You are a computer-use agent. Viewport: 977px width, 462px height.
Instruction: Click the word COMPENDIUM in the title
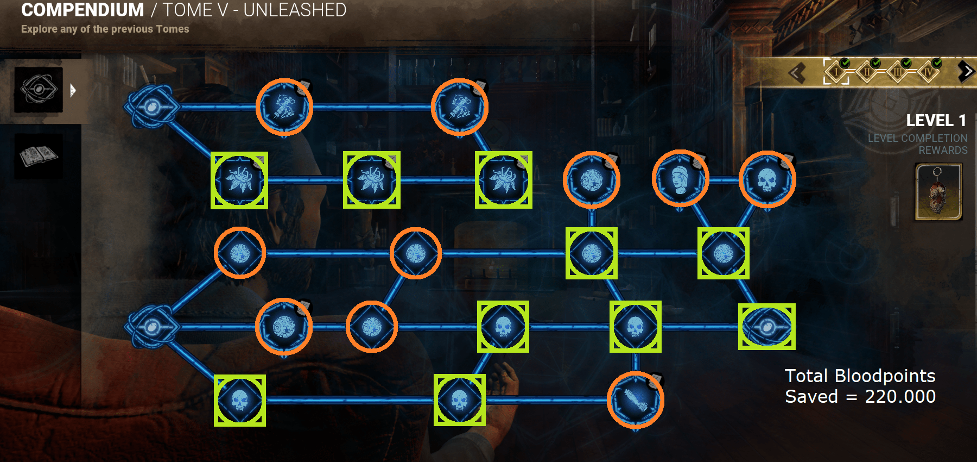pyautogui.click(x=83, y=10)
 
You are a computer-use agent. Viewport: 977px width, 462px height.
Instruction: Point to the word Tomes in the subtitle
pyautogui.click(x=173, y=29)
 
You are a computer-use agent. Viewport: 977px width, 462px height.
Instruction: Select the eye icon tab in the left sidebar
pyautogui.click(x=39, y=90)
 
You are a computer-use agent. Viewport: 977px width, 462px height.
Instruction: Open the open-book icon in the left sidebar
pyautogui.click(x=39, y=157)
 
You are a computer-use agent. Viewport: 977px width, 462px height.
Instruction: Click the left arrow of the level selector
pyautogui.click(x=797, y=72)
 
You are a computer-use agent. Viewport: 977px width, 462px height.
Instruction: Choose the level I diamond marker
pyautogui.click(x=836, y=71)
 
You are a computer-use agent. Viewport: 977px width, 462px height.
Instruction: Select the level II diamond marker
pyautogui.click(x=867, y=71)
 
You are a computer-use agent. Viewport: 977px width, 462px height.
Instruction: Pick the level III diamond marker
pyautogui.click(x=898, y=71)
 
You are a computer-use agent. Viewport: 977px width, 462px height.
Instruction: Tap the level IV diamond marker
pyautogui.click(x=928, y=71)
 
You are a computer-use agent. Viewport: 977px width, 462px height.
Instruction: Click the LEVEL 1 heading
pyautogui.click(x=936, y=120)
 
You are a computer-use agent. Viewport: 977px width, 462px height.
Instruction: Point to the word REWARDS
pyautogui.click(x=943, y=150)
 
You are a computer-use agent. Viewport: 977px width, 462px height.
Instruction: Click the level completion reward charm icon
pyautogui.click(x=938, y=192)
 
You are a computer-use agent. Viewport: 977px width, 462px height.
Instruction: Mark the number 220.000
pyautogui.click(x=900, y=396)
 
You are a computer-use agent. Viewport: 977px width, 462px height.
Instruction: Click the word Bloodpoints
pyautogui.click(x=885, y=376)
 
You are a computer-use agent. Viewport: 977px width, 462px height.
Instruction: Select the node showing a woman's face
pyautogui.click(x=680, y=179)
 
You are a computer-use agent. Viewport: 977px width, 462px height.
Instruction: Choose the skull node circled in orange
pyautogui.click(x=767, y=179)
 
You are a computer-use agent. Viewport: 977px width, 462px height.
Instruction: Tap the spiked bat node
pyautogui.click(x=635, y=401)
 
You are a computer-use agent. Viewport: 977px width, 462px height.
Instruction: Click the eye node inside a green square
pyautogui.click(x=766, y=327)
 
